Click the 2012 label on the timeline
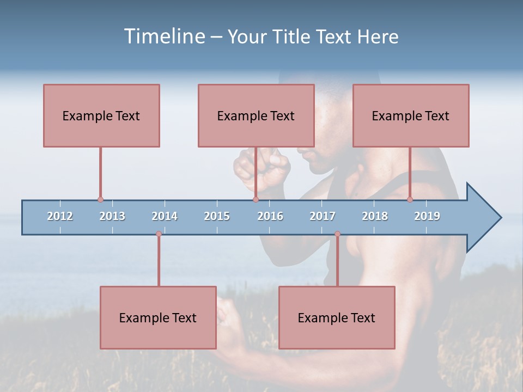tap(60, 216)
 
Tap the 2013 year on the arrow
tap(112, 216)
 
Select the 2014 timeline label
tap(165, 216)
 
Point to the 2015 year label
tap(217, 216)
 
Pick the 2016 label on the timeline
tap(270, 216)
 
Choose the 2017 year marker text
tap(323, 216)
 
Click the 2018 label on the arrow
tap(375, 216)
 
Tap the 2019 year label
tap(427, 216)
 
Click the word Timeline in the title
tap(163, 36)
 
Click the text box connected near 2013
tap(101, 115)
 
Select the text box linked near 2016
tap(256, 115)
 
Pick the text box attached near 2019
tap(411, 115)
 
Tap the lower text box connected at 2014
tap(158, 317)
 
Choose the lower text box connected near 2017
tap(337, 317)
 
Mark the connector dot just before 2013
tap(100, 200)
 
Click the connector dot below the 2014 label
tap(159, 234)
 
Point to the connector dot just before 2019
tap(410, 200)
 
